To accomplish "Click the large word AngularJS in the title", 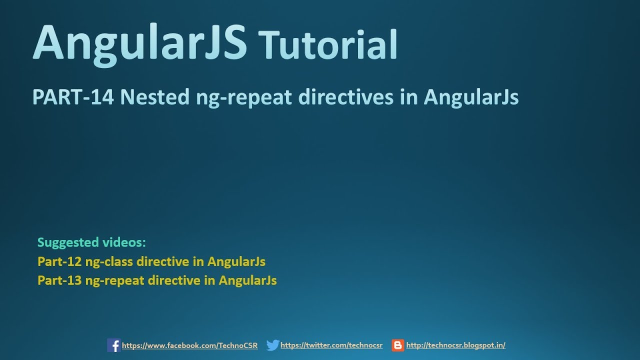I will pyautogui.click(x=140, y=42).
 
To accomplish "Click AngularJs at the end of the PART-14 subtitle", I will pyautogui.click(x=471, y=97).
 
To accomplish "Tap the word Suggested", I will pyautogui.click(x=68, y=243).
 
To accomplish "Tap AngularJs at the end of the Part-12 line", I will pyautogui.click(x=236, y=261).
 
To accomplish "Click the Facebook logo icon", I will pyautogui.click(x=114, y=345).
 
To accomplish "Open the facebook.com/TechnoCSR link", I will pyautogui.click(x=190, y=345).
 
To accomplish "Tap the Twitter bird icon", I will pyautogui.click(x=272, y=345).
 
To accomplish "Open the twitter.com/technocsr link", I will pyautogui.click(x=331, y=345).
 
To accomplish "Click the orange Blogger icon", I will pyautogui.click(x=398, y=345).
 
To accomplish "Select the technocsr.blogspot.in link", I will pyautogui.click(x=455, y=345).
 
